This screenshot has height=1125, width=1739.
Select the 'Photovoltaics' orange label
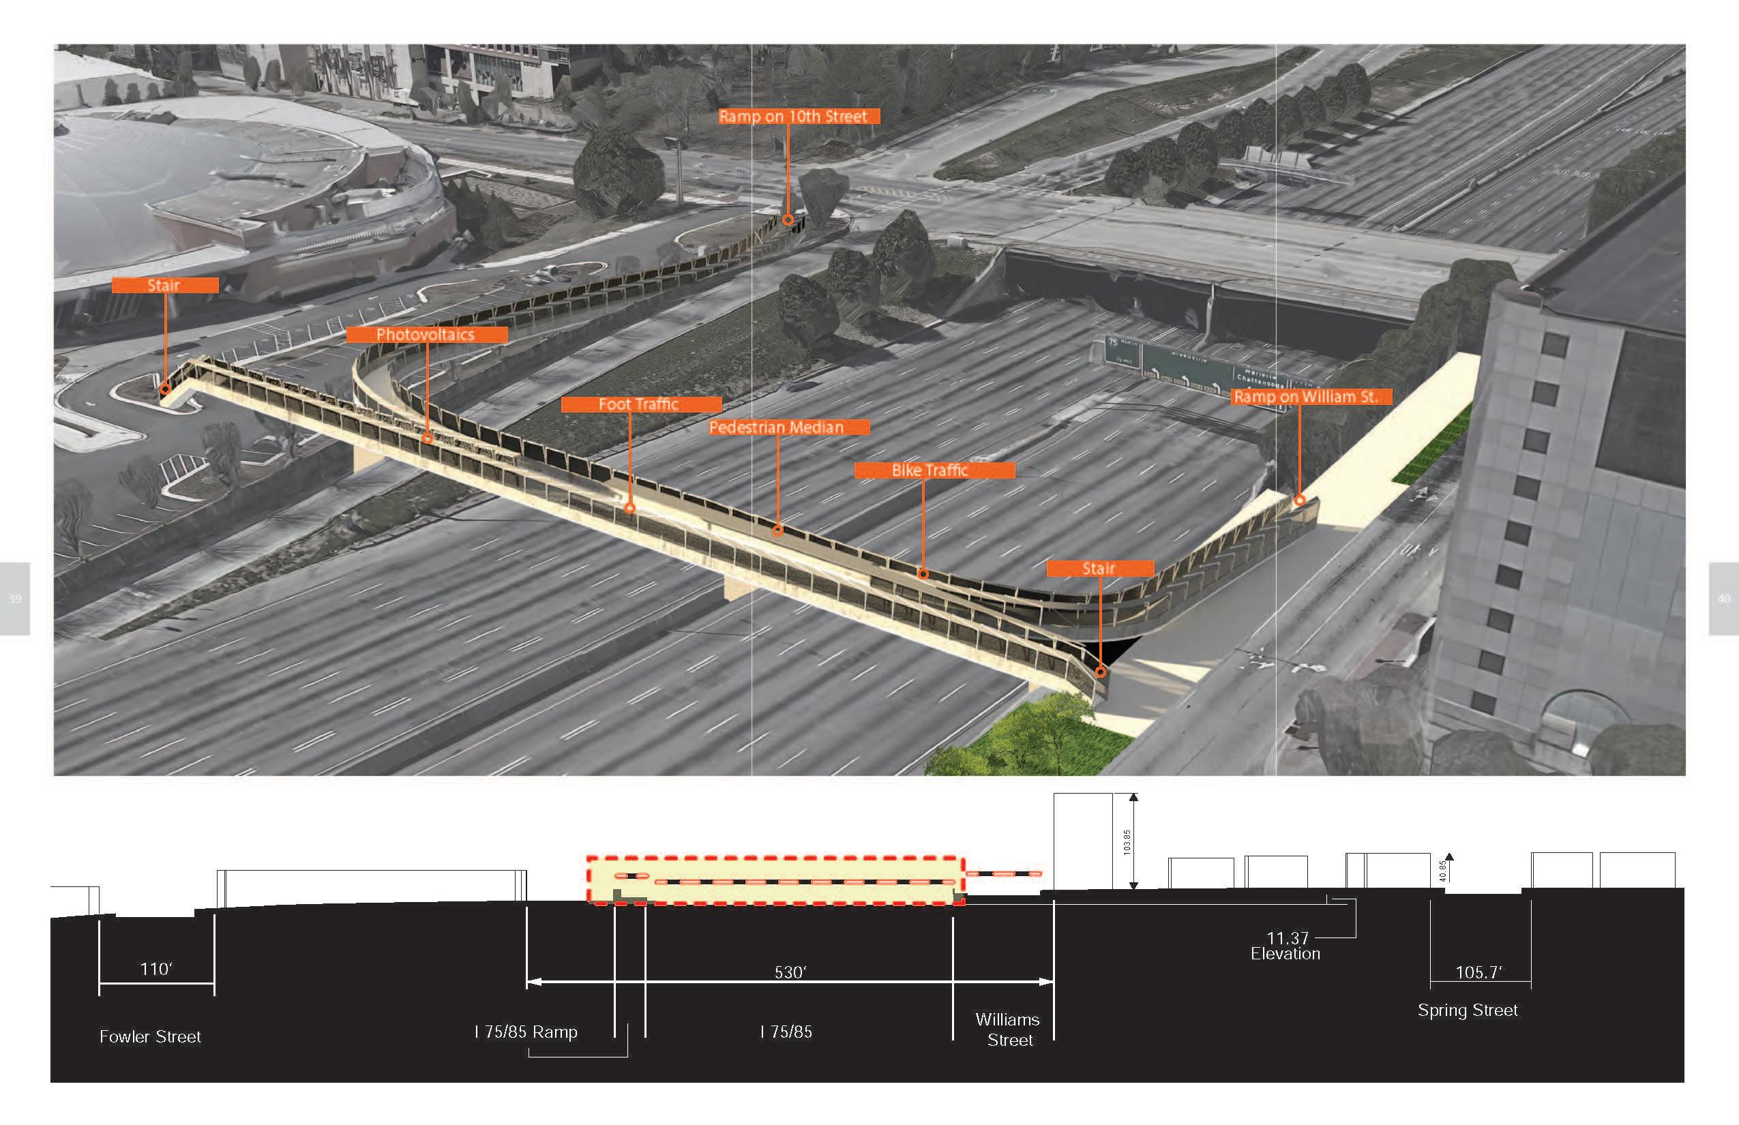(426, 335)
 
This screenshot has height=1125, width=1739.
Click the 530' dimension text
(790, 972)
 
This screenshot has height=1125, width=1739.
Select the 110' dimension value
(155, 969)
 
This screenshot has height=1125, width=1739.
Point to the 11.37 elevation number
(1288, 938)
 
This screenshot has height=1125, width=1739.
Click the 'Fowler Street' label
(150, 1036)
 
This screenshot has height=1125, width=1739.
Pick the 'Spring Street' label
(1467, 1010)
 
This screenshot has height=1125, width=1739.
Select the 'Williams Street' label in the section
(1009, 1030)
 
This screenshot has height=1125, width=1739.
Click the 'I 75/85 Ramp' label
(526, 1032)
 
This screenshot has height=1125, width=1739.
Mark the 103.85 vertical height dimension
(1127, 842)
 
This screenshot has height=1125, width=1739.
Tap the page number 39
(14, 599)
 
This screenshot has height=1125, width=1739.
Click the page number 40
(1724, 599)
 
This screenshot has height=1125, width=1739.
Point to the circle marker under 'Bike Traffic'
(923, 574)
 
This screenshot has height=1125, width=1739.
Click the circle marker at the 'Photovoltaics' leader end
(428, 438)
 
